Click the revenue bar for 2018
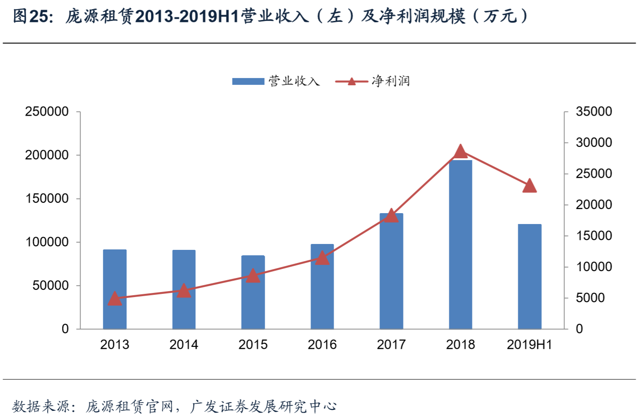click(x=460, y=245)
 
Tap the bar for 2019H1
click(x=530, y=277)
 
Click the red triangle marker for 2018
click(x=460, y=151)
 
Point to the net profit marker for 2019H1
click(x=530, y=186)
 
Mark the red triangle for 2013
click(x=115, y=298)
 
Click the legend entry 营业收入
click(x=276, y=81)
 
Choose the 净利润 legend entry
click(x=373, y=81)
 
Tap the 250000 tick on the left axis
click(x=47, y=112)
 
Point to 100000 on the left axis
click(x=47, y=242)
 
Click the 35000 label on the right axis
click(x=593, y=112)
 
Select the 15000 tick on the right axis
click(x=593, y=236)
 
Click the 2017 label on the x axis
click(x=391, y=345)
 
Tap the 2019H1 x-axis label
click(x=530, y=345)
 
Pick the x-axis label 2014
click(x=184, y=345)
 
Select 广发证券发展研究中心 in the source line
click(x=263, y=406)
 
